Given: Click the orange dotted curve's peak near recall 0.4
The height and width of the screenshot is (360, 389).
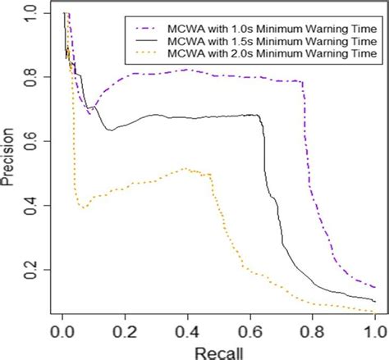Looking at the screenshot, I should [x=187, y=169].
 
